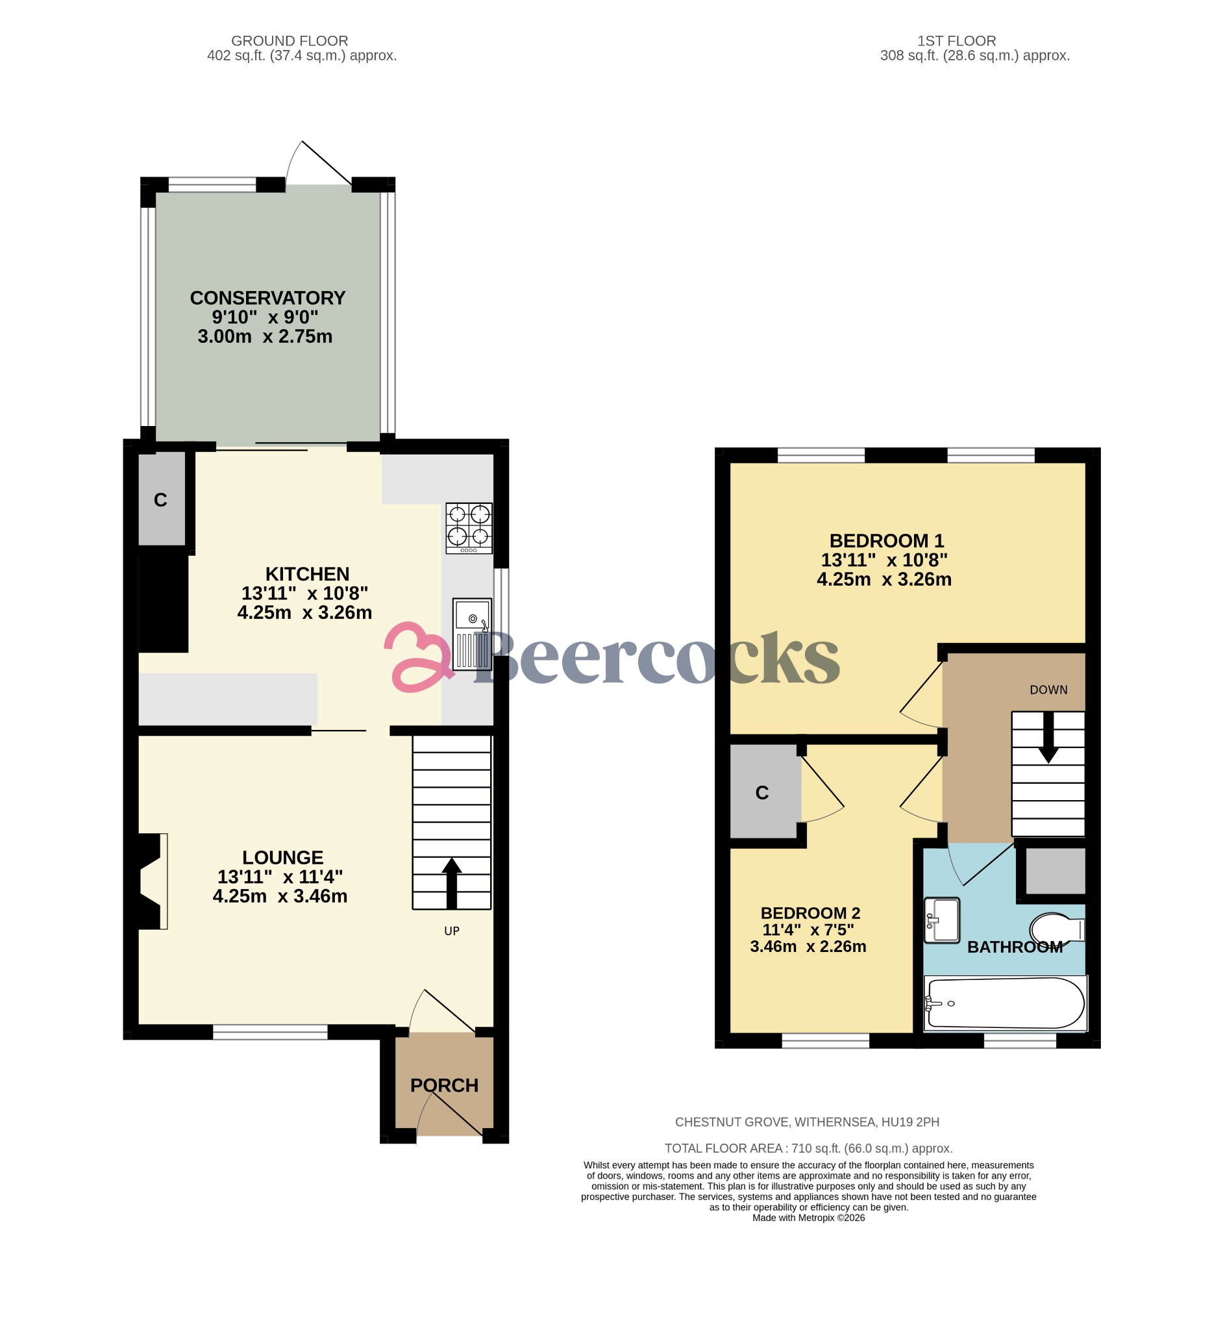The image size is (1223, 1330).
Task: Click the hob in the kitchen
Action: tap(469, 527)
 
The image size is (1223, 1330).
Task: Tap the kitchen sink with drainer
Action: tap(472, 634)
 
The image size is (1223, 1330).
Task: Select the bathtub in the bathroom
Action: tap(1005, 1003)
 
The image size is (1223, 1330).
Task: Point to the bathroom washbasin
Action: tap(942, 920)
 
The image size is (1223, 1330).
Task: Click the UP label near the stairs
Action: tap(451, 931)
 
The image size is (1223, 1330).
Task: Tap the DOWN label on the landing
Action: tap(1048, 690)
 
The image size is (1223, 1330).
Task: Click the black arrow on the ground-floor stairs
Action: tap(451, 882)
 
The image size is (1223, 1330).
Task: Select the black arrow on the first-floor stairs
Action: tap(1048, 736)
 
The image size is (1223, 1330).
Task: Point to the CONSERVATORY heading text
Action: tap(267, 298)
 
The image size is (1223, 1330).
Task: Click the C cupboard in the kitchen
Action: tap(161, 500)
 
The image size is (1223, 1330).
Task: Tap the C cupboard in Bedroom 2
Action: tap(762, 792)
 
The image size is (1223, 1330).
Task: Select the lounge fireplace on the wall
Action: tap(151, 881)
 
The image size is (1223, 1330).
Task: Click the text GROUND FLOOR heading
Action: tap(290, 41)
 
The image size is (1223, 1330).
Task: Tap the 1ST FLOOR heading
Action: tap(956, 41)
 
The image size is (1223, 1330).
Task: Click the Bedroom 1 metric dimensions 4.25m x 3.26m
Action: tap(883, 579)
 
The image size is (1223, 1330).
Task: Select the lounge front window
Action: tap(270, 1031)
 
